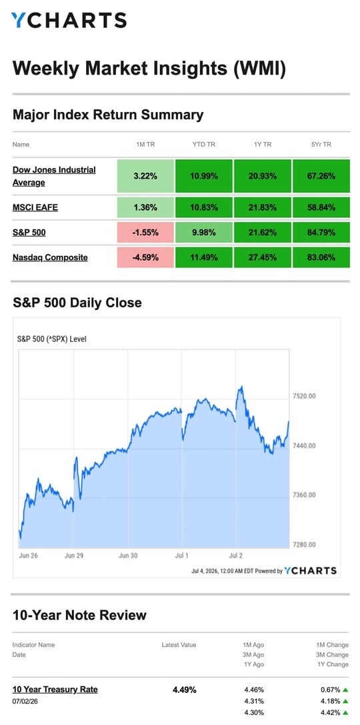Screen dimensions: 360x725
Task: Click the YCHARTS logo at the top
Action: (x=69, y=20)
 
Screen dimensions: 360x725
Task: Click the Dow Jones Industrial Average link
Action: (x=54, y=176)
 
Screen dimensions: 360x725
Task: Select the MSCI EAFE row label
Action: (x=35, y=208)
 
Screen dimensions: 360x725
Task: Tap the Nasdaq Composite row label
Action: (x=50, y=257)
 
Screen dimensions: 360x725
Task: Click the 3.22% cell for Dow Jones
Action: (x=146, y=176)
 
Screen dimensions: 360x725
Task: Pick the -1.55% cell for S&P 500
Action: (x=146, y=233)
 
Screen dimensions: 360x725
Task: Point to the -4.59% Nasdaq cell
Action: (x=146, y=257)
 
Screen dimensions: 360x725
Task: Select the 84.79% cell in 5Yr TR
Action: (x=321, y=233)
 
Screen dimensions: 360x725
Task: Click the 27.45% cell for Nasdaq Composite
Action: (x=263, y=257)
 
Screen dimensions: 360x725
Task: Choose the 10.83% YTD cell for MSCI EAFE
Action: (x=204, y=208)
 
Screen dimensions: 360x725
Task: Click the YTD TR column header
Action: (x=204, y=145)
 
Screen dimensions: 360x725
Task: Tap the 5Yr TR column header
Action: (x=321, y=145)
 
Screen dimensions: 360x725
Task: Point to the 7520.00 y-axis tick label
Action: (x=305, y=396)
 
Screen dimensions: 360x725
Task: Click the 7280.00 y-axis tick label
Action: (x=305, y=544)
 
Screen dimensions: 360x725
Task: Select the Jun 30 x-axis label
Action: (x=128, y=555)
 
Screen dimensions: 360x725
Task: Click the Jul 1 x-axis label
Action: (x=182, y=555)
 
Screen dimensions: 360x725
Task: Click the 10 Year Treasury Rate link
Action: (x=55, y=690)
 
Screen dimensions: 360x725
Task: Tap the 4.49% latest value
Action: (x=185, y=690)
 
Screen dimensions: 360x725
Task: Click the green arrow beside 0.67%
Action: (x=345, y=690)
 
